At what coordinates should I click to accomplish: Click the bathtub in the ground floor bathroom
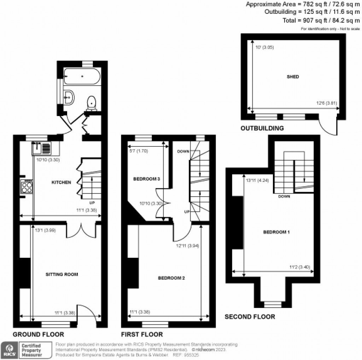[82, 76]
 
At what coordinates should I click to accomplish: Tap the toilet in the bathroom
[92, 102]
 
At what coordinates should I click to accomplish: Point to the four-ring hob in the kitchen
[27, 186]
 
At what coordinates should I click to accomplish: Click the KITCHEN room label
[62, 182]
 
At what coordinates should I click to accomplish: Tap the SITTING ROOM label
[62, 274]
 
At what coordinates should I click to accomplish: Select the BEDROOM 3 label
[147, 179]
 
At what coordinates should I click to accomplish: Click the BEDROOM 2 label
[171, 278]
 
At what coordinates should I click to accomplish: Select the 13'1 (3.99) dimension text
[45, 230]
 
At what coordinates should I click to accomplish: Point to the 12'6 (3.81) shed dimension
[327, 103]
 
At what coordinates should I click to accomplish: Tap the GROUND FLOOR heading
[38, 334]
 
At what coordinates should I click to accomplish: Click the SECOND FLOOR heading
[250, 317]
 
